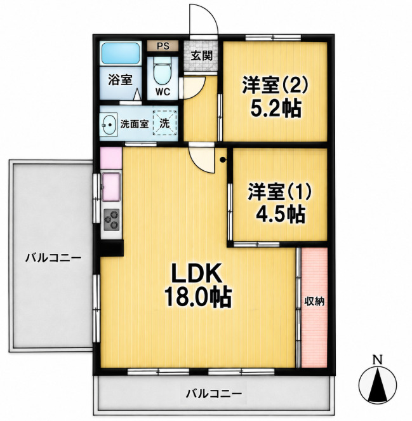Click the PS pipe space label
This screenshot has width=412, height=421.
click(x=163, y=46)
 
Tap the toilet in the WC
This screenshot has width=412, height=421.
click(x=163, y=71)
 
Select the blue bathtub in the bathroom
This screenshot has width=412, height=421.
click(x=121, y=53)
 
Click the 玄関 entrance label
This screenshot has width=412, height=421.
click(x=202, y=56)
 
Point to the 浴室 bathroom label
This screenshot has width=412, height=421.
click(x=120, y=80)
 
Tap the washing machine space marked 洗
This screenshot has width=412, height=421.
click(x=165, y=123)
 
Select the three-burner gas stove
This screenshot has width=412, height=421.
click(x=111, y=219)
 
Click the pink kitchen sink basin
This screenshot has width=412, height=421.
click(x=111, y=187)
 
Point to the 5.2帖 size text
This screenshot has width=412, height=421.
click(x=275, y=109)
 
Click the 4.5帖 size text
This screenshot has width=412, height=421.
click(x=280, y=214)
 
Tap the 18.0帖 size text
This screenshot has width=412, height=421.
click(x=198, y=297)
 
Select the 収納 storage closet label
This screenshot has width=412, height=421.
click(x=314, y=302)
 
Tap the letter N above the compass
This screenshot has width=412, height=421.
click(x=378, y=359)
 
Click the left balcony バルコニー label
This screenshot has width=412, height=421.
click(x=53, y=258)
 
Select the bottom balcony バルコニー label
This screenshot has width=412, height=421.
click(x=214, y=394)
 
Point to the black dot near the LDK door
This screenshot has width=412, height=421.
click(x=223, y=160)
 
